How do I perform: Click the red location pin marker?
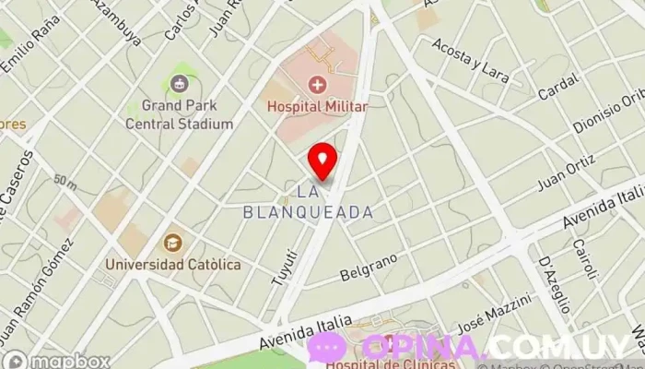tap(322, 161)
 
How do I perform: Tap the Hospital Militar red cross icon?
tap(318, 86)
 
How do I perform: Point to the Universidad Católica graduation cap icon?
tap(172, 244)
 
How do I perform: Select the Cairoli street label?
tap(586, 259)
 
